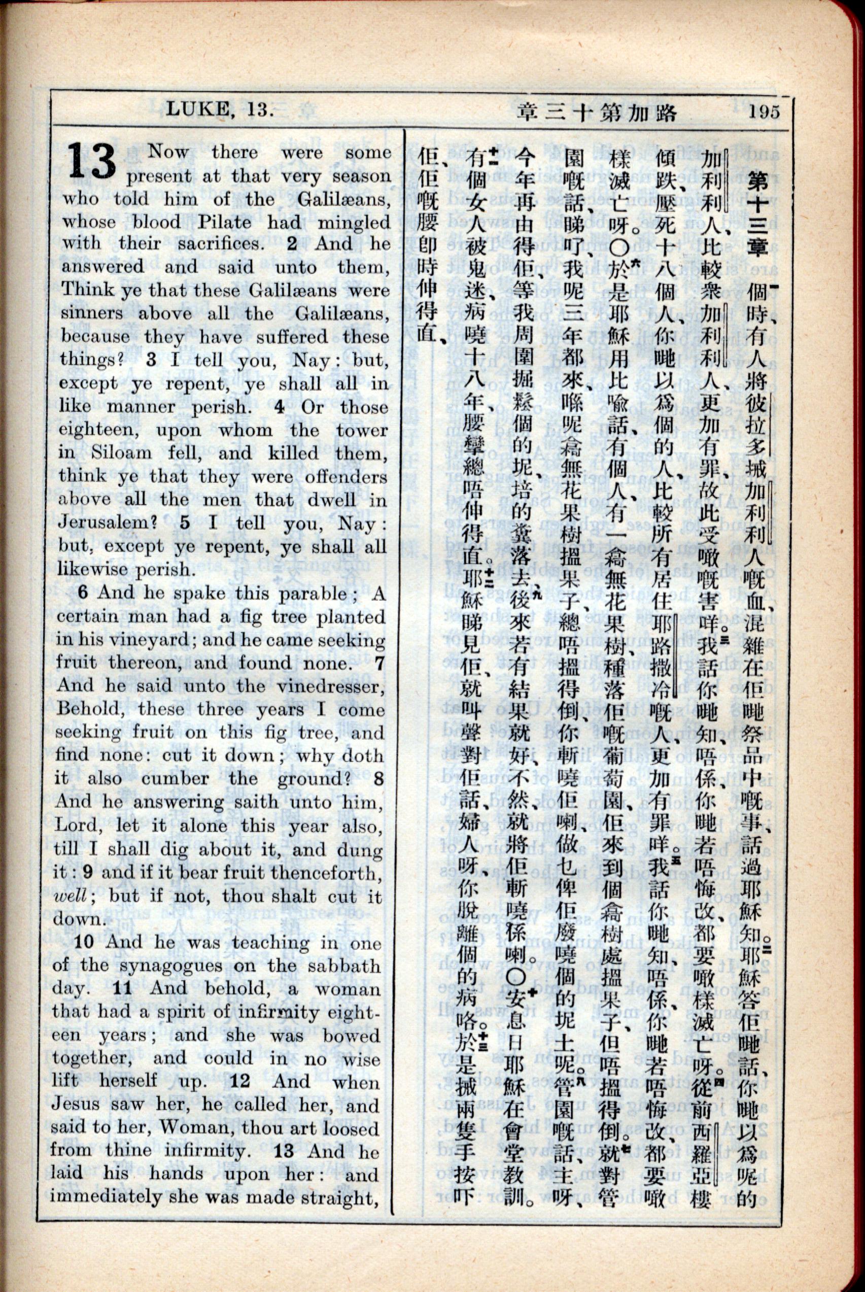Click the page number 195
tap(764, 112)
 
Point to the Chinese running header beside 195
tap(597, 113)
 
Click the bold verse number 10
tap(84, 942)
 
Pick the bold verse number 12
tap(240, 1082)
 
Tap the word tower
tap(362, 430)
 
